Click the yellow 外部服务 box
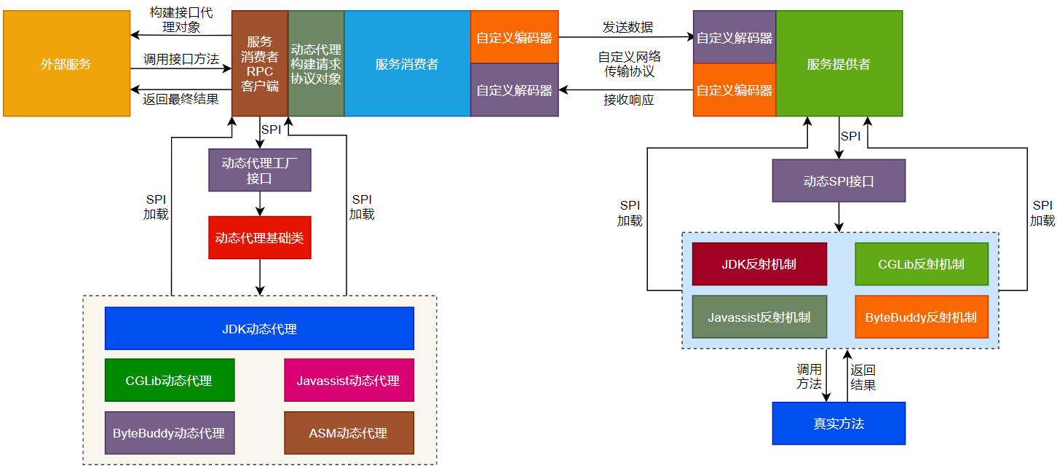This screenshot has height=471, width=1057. [66, 64]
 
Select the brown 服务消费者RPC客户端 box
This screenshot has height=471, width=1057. [260, 64]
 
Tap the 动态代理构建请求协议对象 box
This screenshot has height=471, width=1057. [316, 64]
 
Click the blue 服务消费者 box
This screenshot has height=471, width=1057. [407, 64]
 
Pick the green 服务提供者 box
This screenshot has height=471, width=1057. [839, 64]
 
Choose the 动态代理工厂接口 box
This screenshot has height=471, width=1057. [260, 170]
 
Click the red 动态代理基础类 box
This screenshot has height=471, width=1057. [260, 237]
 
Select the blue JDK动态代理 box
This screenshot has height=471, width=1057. [259, 328]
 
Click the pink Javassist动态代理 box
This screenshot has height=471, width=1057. [349, 380]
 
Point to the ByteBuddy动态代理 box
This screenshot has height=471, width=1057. [170, 432]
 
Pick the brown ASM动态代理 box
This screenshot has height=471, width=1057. [349, 432]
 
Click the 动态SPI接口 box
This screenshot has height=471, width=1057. [839, 181]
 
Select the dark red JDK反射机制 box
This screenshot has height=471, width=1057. [759, 264]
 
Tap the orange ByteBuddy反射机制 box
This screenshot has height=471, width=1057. [921, 317]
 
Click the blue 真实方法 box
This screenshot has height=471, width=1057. [839, 423]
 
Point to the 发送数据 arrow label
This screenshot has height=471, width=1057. [628, 28]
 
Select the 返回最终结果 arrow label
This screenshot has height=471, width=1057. [181, 99]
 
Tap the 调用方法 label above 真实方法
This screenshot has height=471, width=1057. [809, 376]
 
